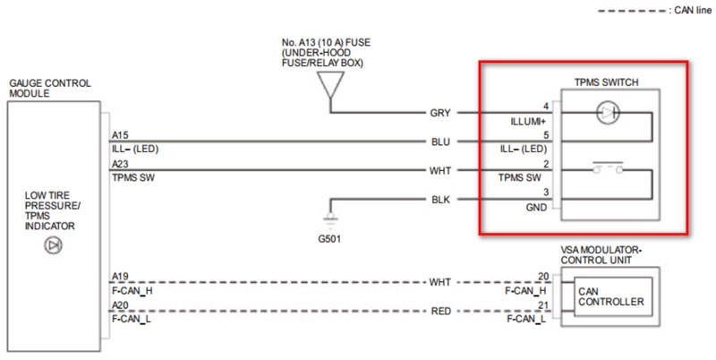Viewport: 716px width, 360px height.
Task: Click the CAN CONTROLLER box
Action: [x=611, y=296]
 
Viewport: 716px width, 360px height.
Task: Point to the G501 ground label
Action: [x=329, y=239]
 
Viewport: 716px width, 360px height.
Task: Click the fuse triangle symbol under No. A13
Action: [x=330, y=86]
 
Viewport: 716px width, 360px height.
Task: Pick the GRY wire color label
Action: [x=439, y=114]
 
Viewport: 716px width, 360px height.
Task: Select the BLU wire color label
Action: [x=439, y=141]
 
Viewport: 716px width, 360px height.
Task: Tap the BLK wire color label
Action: [x=439, y=198]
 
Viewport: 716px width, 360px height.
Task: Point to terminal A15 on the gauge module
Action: [x=119, y=135]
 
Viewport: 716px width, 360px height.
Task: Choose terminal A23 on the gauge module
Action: [x=119, y=164]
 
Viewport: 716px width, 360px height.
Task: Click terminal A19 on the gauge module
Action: [x=119, y=276]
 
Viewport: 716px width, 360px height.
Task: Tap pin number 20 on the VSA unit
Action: [x=542, y=276]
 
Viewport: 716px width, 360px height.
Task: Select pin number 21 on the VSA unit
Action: [x=542, y=304]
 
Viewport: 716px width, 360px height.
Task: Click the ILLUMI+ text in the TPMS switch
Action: [x=524, y=120]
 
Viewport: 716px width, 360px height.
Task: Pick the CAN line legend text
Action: [x=689, y=9]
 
